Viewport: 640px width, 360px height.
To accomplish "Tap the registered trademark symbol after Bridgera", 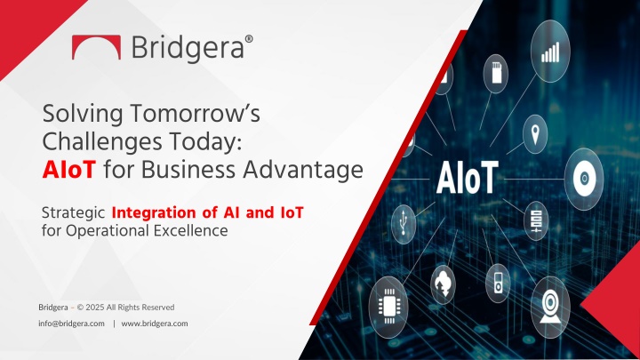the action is (x=249, y=39).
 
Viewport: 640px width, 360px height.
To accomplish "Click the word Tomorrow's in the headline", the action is (x=195, y=114).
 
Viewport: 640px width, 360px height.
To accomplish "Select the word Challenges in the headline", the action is (x=102, y=142).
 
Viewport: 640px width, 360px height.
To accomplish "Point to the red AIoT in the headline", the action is (x=69, y=170).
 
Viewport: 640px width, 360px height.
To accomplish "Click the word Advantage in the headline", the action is (x=303, y=170).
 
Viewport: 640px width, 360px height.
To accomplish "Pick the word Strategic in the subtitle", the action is (x=74, y=213).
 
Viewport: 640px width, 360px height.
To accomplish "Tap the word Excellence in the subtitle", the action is (x=190, y=230).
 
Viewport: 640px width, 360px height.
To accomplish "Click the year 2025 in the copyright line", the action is (x=95, y=307).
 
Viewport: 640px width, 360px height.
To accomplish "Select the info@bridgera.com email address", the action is (x=71, y=324).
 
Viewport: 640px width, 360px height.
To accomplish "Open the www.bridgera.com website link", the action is (x=155, y=324).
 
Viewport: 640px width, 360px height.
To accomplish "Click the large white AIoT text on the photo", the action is (x=468, y=178).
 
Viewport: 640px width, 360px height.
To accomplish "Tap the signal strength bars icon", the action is (x=550, y=52).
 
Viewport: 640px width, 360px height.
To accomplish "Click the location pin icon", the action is (x=535, y=134).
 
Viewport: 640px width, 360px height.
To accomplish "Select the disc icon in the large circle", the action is (x=584, y=179).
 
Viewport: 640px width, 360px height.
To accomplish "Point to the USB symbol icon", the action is (x=404, y=224).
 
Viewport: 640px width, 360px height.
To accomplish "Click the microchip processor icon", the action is (x=388, y=307).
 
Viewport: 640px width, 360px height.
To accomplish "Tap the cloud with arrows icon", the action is (x=443, y=284).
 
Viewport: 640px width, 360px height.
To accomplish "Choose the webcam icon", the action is (x=550, y=307).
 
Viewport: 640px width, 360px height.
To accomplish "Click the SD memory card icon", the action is (x=496, y=72).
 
